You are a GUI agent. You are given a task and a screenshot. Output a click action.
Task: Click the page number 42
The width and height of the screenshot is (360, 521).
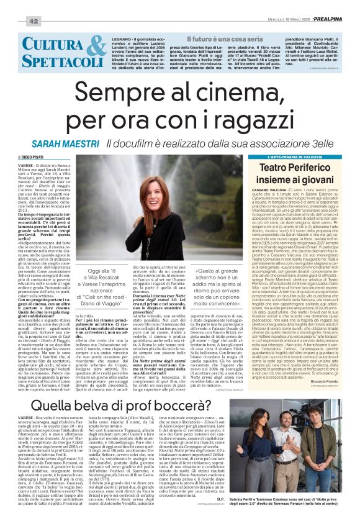34,22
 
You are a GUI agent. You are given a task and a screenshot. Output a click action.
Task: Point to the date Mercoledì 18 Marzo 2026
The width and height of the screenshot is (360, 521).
277,21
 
